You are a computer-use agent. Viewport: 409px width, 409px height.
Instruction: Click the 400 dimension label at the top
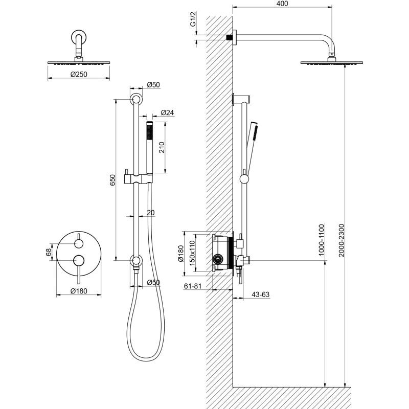point(282,4)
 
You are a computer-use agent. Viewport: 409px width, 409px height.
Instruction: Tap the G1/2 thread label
point(193,19)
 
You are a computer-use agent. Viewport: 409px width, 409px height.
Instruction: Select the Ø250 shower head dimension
point(79,74)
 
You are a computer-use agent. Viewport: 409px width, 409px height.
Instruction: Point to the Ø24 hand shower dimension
point(167,112)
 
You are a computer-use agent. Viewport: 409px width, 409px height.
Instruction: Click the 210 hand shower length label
point(162,147)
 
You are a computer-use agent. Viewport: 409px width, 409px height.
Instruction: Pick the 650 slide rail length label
point(112,180)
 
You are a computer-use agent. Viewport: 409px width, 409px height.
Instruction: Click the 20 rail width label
point(151,213)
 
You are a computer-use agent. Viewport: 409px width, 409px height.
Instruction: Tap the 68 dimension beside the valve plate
point(49,252)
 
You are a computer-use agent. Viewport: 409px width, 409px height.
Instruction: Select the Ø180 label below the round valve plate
point(79,291)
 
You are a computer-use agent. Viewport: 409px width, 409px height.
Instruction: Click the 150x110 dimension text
point(192,253)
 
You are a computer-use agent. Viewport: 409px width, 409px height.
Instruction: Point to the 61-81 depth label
point(193,286)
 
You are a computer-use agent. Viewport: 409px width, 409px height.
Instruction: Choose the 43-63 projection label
point(260,294)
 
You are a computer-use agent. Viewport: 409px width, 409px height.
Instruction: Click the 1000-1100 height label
point(322,240)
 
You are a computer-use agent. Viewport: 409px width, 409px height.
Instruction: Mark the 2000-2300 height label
point(342,240)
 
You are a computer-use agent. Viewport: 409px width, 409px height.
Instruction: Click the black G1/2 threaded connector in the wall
point(229,37)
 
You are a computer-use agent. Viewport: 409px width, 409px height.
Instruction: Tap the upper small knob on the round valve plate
point(79,244)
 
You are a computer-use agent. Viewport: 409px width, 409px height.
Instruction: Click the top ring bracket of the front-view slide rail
point(136,99)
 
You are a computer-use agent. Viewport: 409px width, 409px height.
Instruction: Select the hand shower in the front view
point(149,147)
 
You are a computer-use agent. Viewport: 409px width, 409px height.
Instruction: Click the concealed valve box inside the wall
point(222,253)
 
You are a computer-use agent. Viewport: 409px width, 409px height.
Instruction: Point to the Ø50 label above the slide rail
point(153,85)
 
